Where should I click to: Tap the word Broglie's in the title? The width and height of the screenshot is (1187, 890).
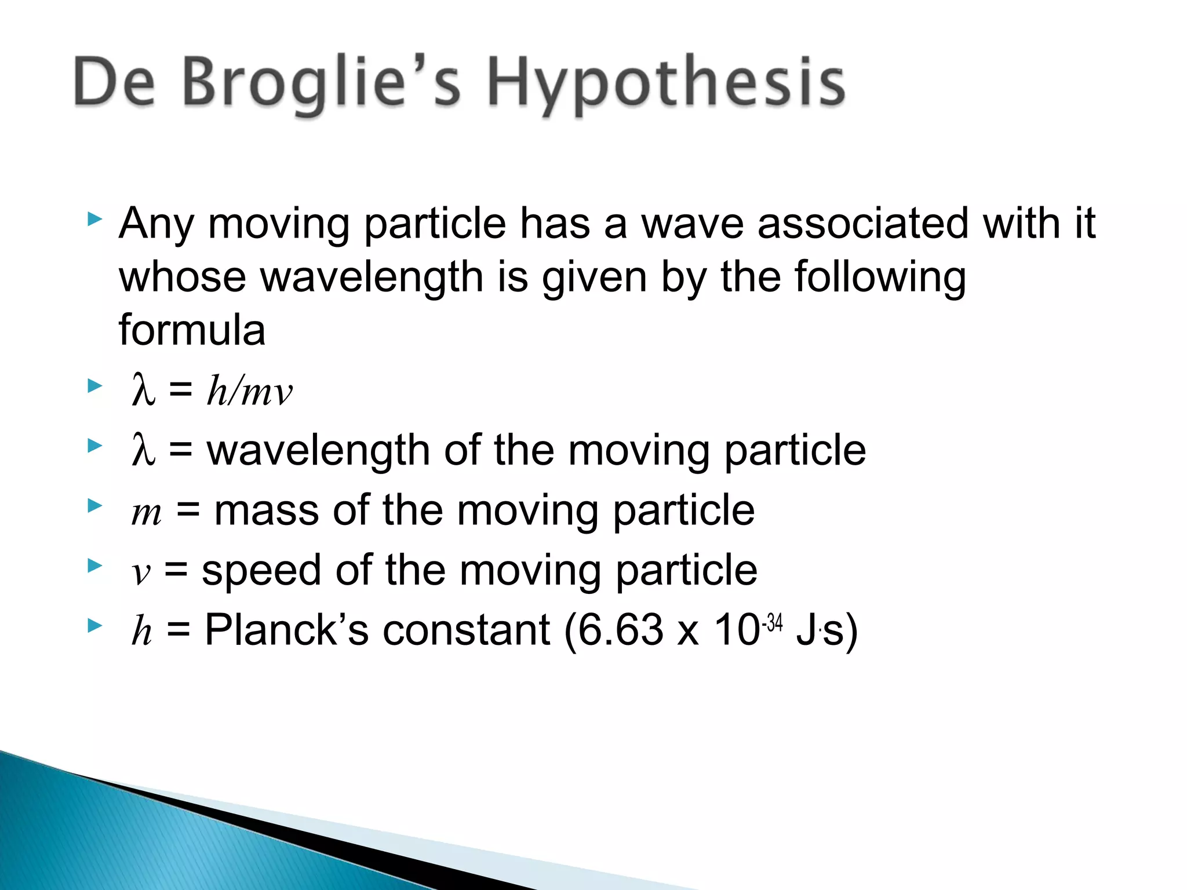coord(322,84)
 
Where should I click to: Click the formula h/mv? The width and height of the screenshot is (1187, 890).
coord(250,391)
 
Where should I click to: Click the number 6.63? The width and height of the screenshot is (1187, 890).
coord(620,630)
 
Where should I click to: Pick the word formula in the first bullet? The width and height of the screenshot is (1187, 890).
coord(192,330)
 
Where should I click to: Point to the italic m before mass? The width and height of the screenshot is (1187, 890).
coord(146,513)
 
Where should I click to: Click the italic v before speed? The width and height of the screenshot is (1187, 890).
coord(141,574)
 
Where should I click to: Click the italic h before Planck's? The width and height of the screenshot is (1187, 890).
coord(141,630)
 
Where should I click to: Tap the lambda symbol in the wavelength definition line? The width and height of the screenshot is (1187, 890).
coord(143,450)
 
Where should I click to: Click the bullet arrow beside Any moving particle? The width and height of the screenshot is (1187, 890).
coord(94,219)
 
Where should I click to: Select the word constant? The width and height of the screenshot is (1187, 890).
coord(466,630)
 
